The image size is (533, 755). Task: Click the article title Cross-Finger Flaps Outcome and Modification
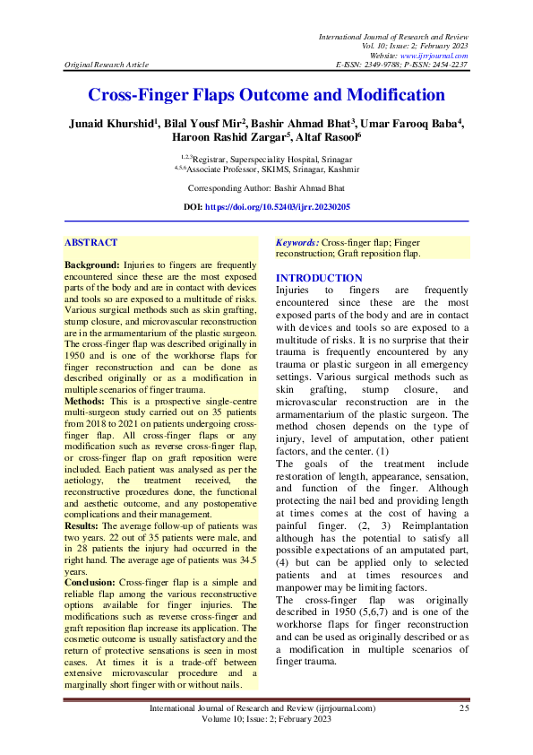point(266,95)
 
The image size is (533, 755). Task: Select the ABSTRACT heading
point(91,242)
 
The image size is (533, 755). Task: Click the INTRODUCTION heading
point(319,278)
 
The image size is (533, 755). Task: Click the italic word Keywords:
point(297,242)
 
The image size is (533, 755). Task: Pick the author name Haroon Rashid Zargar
point(214,139)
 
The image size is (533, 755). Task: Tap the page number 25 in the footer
point(464,708)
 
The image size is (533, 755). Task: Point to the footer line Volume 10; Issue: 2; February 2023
point(267,718)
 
